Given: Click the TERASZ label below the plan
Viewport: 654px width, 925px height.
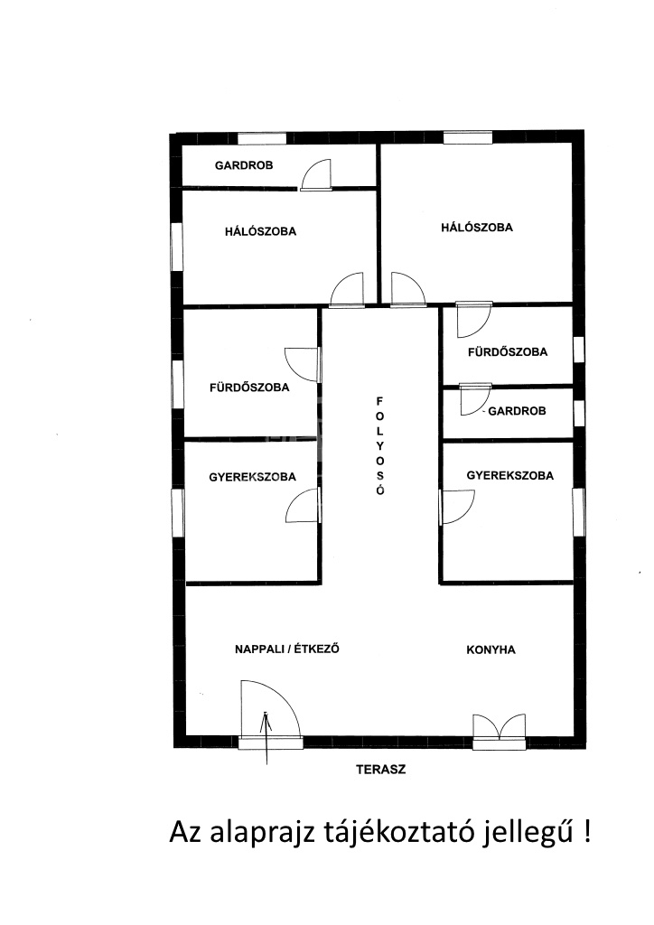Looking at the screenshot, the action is (x=381, y=770).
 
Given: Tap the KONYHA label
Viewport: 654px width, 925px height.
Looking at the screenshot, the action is (x=490, y=650).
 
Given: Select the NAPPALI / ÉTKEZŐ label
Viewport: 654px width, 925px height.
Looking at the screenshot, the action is (x=287, y=649).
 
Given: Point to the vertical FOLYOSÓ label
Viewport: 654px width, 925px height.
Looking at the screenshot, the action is (x=379, y=446).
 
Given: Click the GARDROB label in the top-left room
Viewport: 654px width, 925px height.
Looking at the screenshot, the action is (x=244, y=166).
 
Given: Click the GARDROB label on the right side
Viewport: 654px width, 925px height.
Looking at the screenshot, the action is (x=517, y=411).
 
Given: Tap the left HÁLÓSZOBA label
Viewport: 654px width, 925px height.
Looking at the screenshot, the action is (x=260, y=231).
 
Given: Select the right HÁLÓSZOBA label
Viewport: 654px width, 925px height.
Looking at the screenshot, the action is (x=477, y=227).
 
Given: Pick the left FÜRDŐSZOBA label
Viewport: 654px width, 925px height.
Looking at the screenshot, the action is (x=249, y=388).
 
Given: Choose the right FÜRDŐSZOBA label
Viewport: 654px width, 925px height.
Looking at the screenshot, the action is (x=508, y=351).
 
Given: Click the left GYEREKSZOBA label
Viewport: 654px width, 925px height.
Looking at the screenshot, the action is (x=252, y=477).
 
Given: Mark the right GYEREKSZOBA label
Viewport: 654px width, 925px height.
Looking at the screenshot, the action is (x=510, y=475).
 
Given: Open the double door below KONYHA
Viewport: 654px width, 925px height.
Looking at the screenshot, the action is (x=500, y=730).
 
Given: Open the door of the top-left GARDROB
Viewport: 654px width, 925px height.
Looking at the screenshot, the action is (x=316, y=175).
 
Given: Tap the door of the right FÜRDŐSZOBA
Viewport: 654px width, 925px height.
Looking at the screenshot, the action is (x=475, y=319).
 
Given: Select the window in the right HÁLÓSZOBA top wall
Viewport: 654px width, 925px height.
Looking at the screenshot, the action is (x=468, y=138).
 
